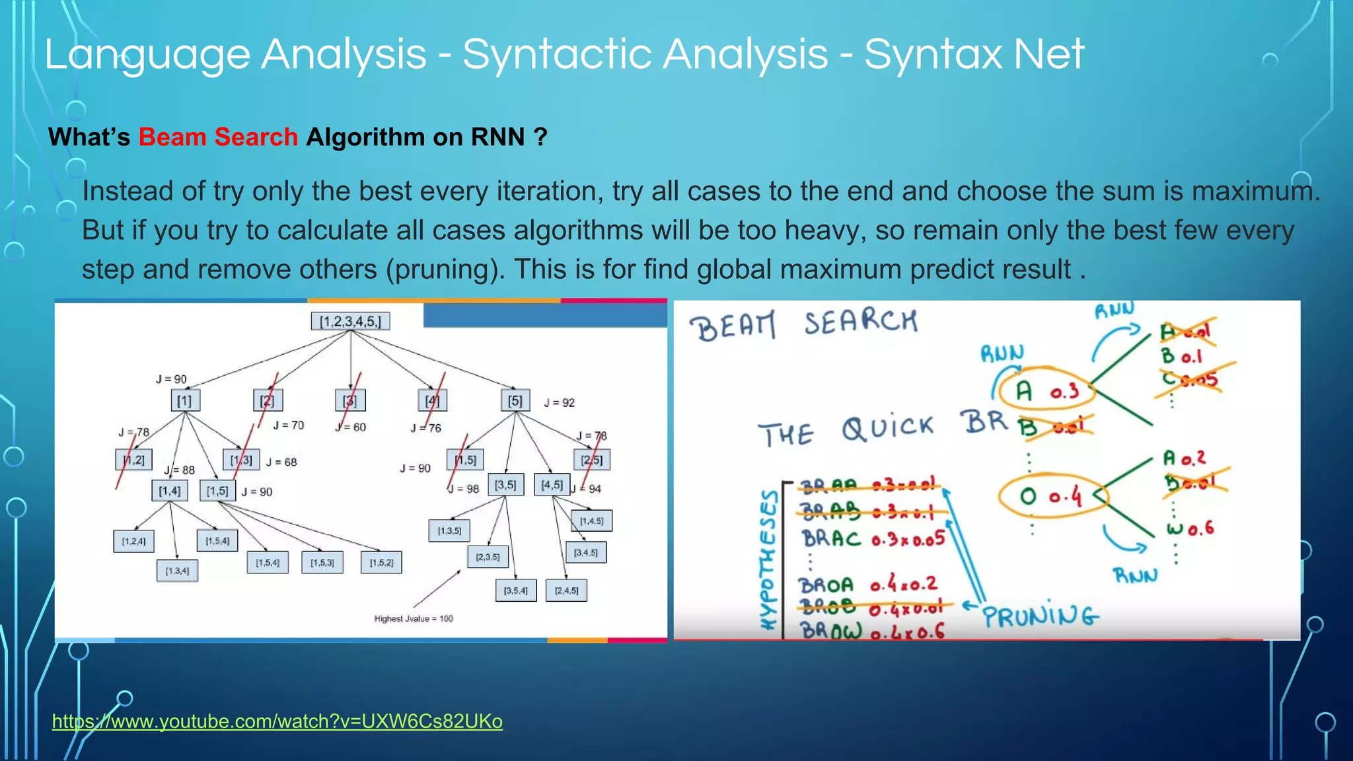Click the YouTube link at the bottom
click(277, 721)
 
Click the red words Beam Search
click(218, 137)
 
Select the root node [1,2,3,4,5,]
click(350, 322)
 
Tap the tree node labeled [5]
click(515, 401)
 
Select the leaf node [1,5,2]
click(381, 563)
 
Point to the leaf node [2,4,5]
click(566, 591)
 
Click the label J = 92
click(559, 402)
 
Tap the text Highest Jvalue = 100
click(414, 619)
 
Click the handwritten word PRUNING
click(1040, 616)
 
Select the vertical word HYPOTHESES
click(769, 560)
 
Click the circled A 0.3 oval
click(1046, 392)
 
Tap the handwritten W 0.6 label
click(1190, 528)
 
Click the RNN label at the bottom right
click(1135, 575)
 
